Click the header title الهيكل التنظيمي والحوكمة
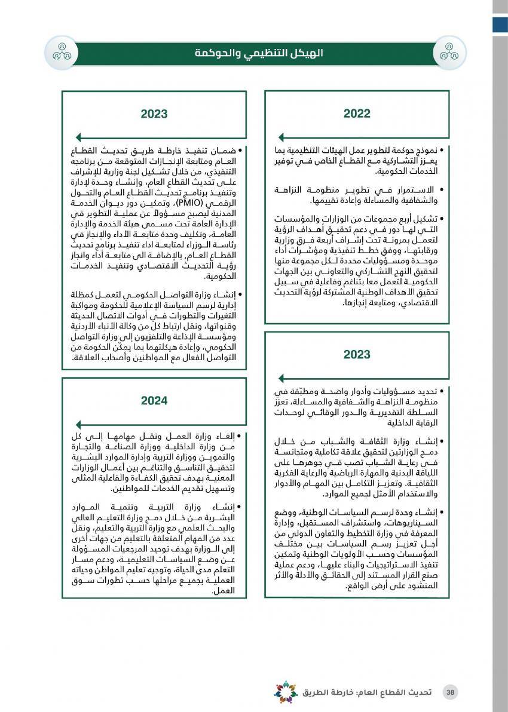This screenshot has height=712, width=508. coord(258,53)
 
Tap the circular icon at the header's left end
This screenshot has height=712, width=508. coord(62,53)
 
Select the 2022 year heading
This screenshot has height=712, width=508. coord(357,113)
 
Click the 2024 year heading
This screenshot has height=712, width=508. coord(154,401)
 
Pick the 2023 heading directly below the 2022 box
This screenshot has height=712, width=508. coord(357,355)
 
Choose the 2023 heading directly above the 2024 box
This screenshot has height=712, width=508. coord(154,113)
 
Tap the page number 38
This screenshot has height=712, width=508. coord(451,692)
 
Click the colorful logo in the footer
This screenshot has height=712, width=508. coord(286,692)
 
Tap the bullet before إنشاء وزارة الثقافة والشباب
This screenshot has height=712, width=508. coord(442,442)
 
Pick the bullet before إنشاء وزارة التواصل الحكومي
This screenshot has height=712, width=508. coord(240,294)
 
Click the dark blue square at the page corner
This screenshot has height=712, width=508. coord(500,24)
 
